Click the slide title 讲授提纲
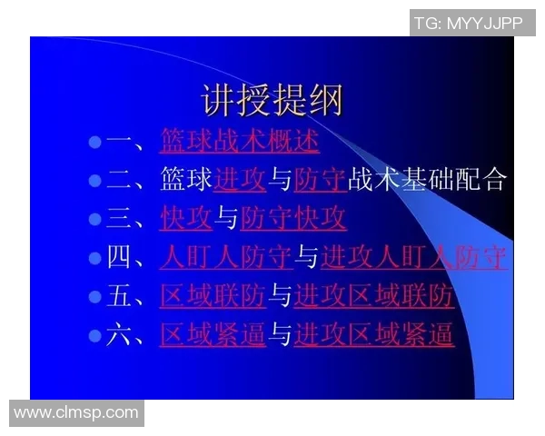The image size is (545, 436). pyautogui.click(x=272, y=100)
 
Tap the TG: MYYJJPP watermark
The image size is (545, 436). pyautogui.click(x=469, y=23)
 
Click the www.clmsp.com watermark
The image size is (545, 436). pyautogui.click(x=76, y=412)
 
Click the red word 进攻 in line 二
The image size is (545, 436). pyautogui.click(x=240, y=180)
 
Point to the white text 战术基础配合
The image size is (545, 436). pyautogui.click(x=426, y=180)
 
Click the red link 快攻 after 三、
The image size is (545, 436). pyautogui.click(x=186, y=219)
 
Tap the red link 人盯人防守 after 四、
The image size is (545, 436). pyautogui.click(x=226, y=258)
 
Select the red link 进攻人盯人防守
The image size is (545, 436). pyautogui.click(x=413, y=258)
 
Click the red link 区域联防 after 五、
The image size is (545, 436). pyautogui.click(x=213, y=296)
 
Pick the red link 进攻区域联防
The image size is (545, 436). pyautogui.click(x=373, y=296)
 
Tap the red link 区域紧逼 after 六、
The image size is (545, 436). pyautogui.click(x=213, y=335)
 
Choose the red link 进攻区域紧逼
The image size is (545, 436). pyautogui.click(x=373, y=335)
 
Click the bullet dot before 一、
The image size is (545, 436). pyautogui.click(x=94, y=142)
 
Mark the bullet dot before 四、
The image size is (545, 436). pyautogui.click(x=94, y=258)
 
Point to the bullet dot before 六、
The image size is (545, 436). pyautogui.click(x=94, y=335)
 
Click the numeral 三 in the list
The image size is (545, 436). pyautogui.click(x=119, y=219)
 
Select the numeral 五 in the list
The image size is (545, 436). pyautogui.click(x=119, y=296)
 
